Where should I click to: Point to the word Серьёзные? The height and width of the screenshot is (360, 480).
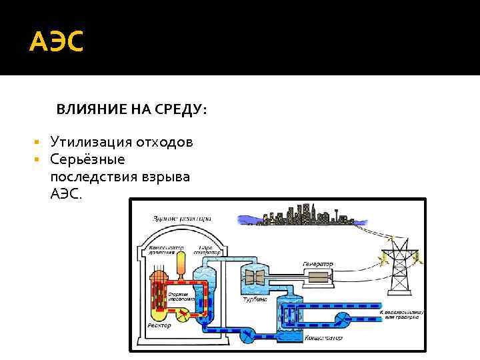(x=83, y=160)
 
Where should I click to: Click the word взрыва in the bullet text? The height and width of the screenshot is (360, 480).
(x=165, y=177)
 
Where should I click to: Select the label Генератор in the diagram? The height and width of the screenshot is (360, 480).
(x=317, y=263)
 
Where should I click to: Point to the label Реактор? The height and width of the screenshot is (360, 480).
(x=159, y=325)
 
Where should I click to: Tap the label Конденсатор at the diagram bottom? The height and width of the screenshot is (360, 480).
(x=323, y=338)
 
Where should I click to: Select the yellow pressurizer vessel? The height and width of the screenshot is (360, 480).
(x=179, y=263)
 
